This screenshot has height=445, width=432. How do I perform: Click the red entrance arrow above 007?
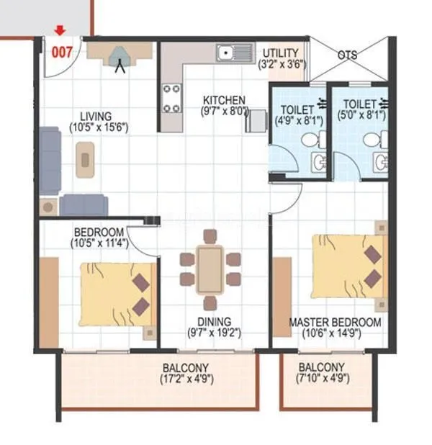coord(60,30)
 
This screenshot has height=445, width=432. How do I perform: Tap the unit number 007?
coord(60,52)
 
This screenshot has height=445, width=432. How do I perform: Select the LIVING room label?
coord(95,116)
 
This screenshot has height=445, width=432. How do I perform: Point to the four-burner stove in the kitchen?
coord(171,98)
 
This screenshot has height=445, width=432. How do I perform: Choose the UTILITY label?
coord(282,53)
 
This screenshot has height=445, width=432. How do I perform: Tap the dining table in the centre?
coord(210,269)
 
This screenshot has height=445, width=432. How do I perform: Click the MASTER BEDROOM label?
coord(335,322)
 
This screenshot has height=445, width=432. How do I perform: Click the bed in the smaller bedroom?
coord(117,295)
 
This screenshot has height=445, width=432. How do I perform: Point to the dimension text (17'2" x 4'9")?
coord(186,378)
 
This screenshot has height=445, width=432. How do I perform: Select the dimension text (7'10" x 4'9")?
coord(322,378)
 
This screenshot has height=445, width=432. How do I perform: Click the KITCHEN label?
coord(224,100)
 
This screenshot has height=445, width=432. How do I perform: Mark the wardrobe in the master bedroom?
coord(282,297)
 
